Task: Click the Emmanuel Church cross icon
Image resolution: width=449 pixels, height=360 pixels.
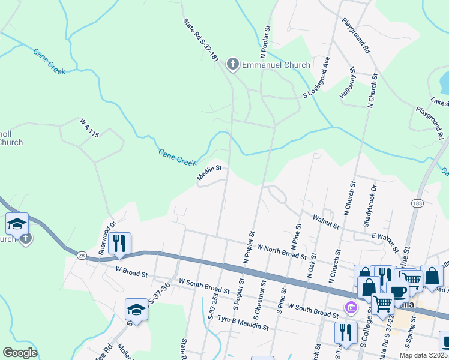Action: (x=232, y=64)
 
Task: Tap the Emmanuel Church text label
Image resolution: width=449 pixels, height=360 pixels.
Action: (x=276, y=65)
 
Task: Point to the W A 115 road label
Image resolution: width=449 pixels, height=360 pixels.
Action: (x=89, y=128)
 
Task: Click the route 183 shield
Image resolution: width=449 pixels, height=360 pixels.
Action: (x=417, y=204)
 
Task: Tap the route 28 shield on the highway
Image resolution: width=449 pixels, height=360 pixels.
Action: (x=82, y=256)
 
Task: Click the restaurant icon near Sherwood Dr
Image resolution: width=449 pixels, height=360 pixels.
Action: (x=121, y=243)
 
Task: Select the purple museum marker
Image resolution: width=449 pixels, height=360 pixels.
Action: (x=351, y=308)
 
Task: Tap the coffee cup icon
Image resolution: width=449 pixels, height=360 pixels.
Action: (x=397, y=291)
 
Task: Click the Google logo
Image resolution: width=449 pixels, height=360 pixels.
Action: (x=20, y=353)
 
